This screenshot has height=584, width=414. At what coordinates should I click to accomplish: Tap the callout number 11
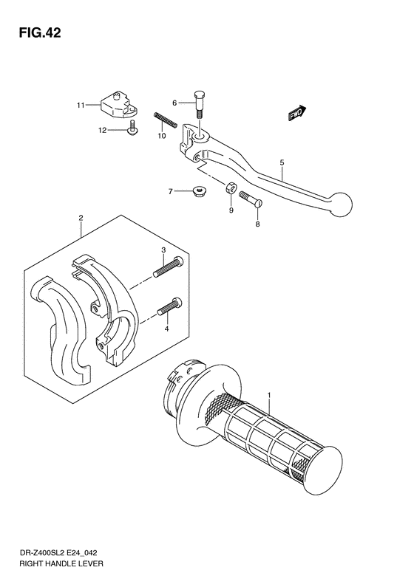pyautogui.click(x=81, y=106)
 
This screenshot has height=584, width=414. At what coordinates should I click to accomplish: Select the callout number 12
pyautogui.click(x=103, y=130)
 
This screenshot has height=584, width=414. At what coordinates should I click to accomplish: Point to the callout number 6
pyautogui.click(x=175, y=103)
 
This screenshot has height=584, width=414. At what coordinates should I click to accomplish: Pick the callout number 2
pyautogui.click(x=81, y=217)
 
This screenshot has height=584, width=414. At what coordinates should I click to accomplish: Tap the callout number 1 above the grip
pyautogui.click(x=270, y=395)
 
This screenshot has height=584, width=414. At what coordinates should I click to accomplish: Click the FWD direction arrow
pyautogui.click(x=297, y=113)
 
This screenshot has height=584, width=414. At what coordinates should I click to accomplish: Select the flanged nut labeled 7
pyautogui.click(x=198, y=191)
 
